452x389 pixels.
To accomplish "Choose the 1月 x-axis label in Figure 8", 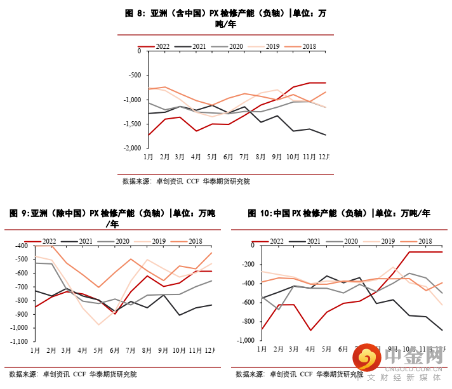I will (x=147, y=156).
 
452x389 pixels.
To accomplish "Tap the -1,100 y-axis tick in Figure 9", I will (x=17, y=341).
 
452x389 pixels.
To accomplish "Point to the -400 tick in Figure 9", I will (x=20, y=246).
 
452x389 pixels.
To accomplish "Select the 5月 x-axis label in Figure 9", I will (x=98, y=350).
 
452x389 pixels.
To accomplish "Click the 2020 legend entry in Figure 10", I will (x=347, y=241).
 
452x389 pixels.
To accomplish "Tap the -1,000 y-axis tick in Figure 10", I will (x=245, y=340).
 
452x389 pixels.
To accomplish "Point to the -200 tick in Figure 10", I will (x=247, y=264).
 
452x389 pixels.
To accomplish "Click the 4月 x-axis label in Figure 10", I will (x=310, y=348).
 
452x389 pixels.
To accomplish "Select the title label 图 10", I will (x=260, y=213).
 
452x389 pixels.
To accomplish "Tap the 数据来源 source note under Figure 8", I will (x=136, y=181).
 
